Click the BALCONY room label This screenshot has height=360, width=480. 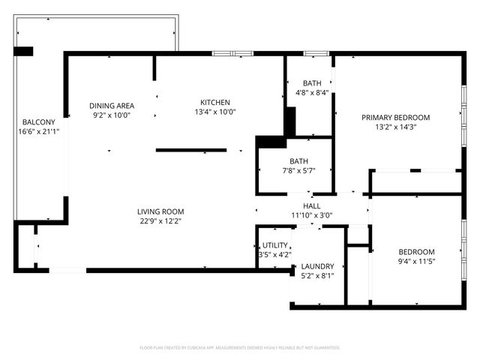point(37,121)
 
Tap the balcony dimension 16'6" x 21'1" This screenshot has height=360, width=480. point(39,131)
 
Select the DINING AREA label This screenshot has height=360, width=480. point(111,106)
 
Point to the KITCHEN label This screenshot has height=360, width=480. point(214,103)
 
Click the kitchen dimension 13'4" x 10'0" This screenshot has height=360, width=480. point(214,112)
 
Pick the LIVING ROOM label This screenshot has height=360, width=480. point(160,211)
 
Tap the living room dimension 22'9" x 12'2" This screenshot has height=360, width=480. point(160,221)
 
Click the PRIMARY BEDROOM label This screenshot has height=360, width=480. point(396,118)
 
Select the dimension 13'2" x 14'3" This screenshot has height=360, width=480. point(396,127)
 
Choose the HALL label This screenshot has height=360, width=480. point(312,205)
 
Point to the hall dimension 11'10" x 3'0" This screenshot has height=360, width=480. point(312,215)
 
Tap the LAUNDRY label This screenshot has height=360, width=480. point(318,266)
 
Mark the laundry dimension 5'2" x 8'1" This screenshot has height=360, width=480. point(318,276)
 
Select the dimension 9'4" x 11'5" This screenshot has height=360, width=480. point(416,262)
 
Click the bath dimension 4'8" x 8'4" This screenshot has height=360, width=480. point(312,93)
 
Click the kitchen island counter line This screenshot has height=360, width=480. point(191,150)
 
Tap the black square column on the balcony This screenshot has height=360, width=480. point(24,51)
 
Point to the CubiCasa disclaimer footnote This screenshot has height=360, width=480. point(240,348)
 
